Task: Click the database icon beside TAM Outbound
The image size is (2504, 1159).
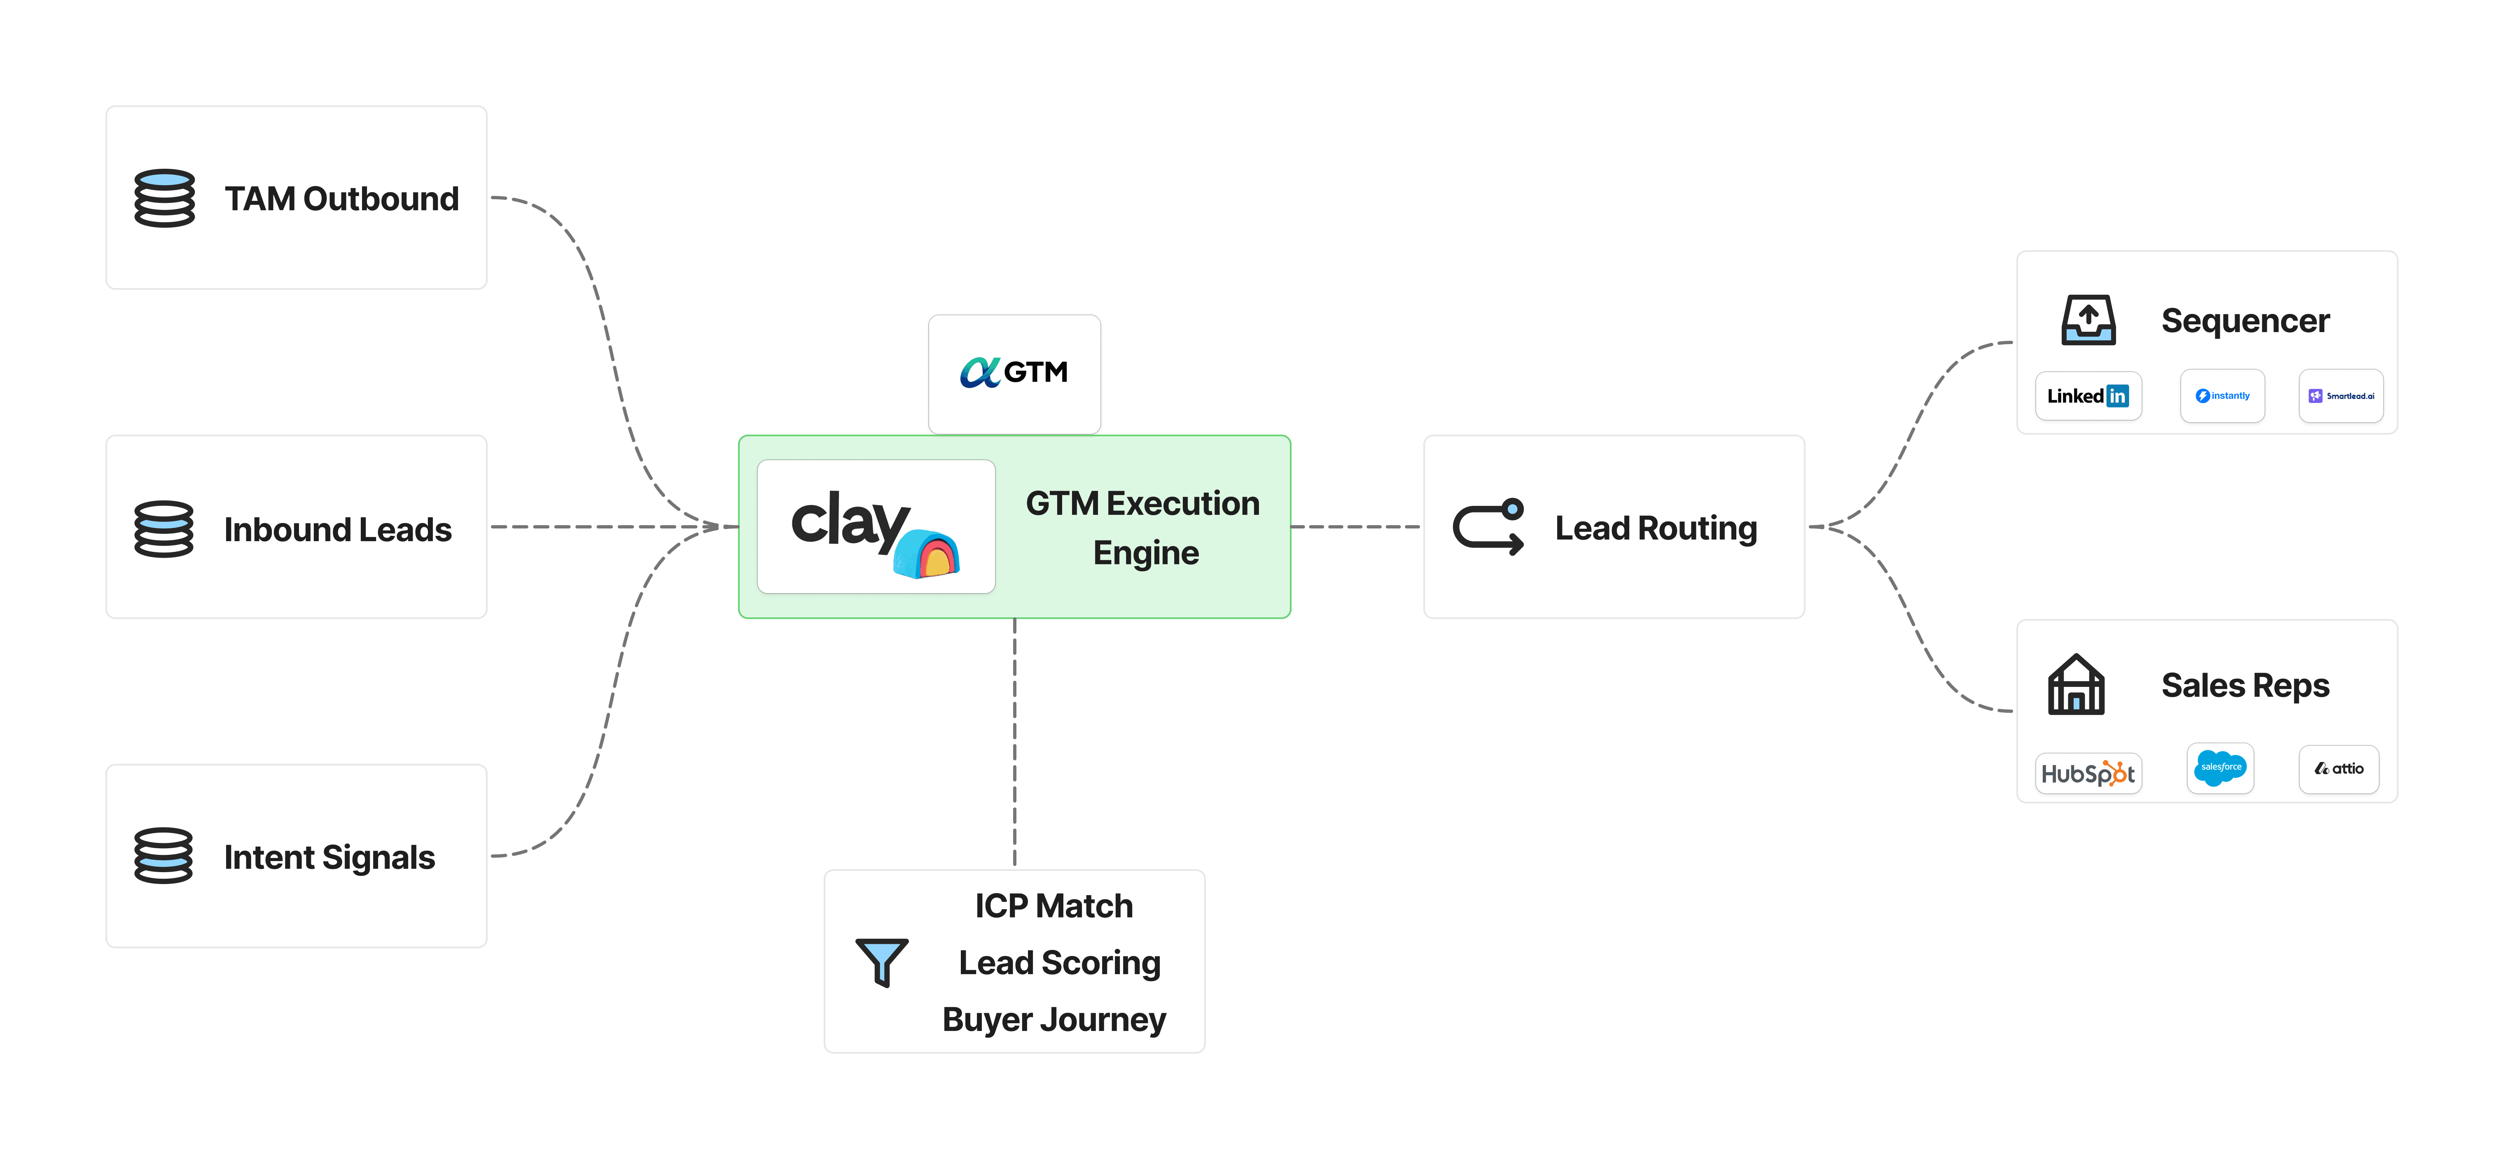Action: click(164, 198)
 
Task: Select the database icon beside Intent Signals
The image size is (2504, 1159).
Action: click(164, 856)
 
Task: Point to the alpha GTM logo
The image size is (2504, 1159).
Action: click(1014, 372)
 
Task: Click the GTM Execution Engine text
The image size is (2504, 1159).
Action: click(1143, 528)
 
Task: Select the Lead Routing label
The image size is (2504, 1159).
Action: click(1656, 528)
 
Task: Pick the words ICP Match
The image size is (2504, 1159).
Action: click(1054, 905)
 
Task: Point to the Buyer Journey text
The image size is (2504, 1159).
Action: click(1054, 1019)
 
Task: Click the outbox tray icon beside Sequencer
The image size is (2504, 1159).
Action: click(2088, 320)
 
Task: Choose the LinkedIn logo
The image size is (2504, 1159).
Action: click(2088, 396)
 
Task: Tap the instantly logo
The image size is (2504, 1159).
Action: click(2222, 396)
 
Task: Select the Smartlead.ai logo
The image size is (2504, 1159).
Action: click(2340, 396)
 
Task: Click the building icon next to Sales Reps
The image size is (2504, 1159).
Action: click(2076, 685)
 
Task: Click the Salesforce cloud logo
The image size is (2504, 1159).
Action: click(2220, 768)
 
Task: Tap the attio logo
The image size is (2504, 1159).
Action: click(2339, 768)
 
